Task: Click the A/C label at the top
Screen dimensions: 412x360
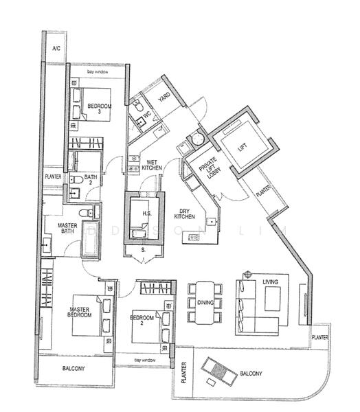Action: point(57,49)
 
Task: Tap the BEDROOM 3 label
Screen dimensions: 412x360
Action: point(98,108)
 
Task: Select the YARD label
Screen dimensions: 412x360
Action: point(164,98)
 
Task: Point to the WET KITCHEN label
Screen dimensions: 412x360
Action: point(151,165)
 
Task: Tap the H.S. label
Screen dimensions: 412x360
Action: point(146,213)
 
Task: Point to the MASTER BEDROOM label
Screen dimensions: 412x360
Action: point(80,313)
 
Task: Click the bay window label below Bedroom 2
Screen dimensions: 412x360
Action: point(146,360)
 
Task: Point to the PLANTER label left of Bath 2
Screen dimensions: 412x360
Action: point(54,176)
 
